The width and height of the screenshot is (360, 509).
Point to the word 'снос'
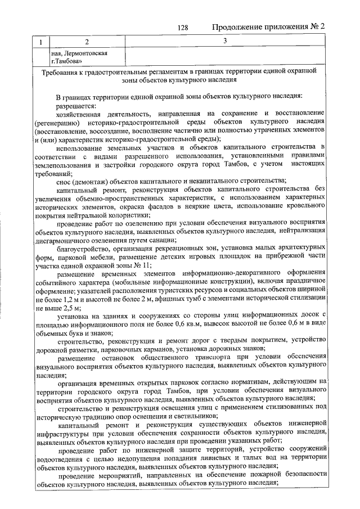[64, 181]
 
